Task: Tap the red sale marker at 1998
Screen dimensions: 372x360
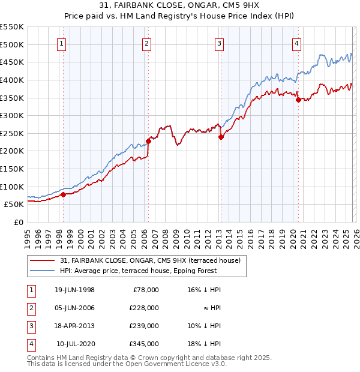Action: click(x=63, y=194)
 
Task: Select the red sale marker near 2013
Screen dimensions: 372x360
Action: click(x=220, y=137)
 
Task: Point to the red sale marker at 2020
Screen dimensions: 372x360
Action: click(x=298, y=100)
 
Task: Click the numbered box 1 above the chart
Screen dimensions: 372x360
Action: click(x=62, y=43)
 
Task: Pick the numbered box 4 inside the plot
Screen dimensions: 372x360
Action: click(x=297, y=43)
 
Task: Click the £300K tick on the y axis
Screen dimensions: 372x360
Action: click(x=12, y=115)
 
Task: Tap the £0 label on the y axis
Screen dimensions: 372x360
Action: click(x=19, y=222)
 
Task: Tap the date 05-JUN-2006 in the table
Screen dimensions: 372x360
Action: click(x=74, y=308)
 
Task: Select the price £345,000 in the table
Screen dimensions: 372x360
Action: click(x=145, y=344)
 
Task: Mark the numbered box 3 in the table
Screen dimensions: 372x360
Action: click(x=31, y=326)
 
